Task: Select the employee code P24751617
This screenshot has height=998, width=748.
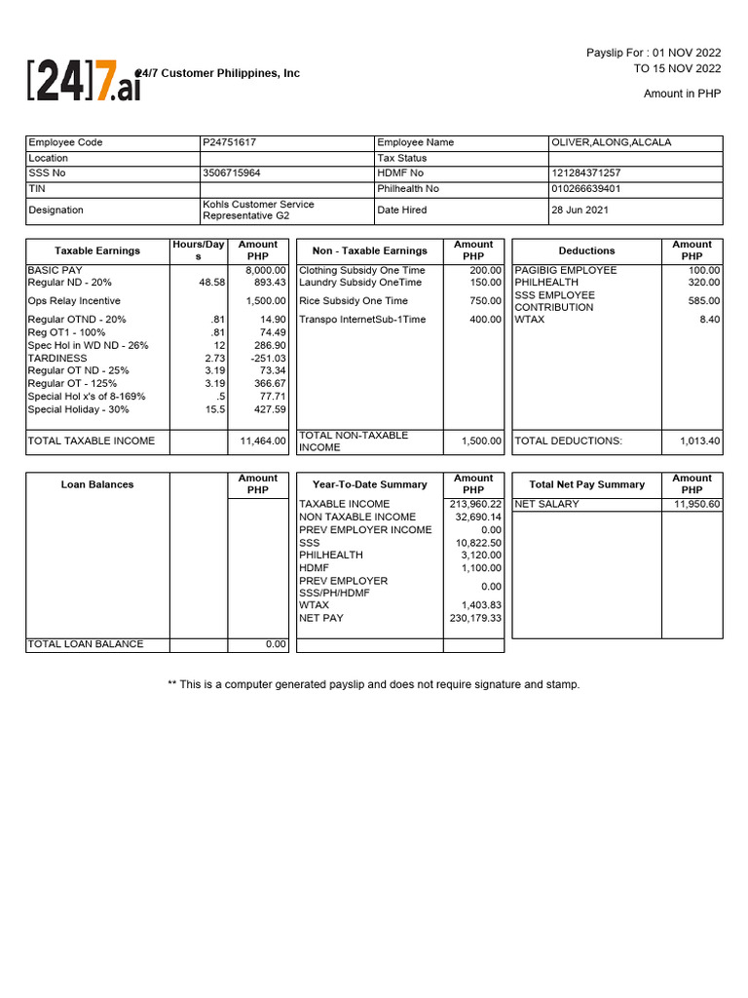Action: (230, 142)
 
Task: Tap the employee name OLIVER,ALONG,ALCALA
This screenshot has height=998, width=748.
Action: (611, 142)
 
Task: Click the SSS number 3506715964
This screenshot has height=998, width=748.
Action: (232, 173)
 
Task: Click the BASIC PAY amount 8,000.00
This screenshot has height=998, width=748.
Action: (265, 270)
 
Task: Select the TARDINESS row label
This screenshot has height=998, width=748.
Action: (57, 358)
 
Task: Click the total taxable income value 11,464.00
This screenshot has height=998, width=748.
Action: (263, 441)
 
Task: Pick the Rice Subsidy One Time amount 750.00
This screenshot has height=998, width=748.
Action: (484, 301)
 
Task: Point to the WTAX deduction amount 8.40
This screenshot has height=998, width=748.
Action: (709, 319)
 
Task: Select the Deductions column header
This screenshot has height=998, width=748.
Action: (586, 250)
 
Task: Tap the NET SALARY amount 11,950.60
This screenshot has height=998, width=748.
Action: (696, 504)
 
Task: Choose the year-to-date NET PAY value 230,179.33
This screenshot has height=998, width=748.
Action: (475, 618)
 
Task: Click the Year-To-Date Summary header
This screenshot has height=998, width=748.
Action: (369, 484)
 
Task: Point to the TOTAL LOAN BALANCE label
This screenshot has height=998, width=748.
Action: (86, 644)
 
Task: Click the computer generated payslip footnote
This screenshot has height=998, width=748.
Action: (373, 684)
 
